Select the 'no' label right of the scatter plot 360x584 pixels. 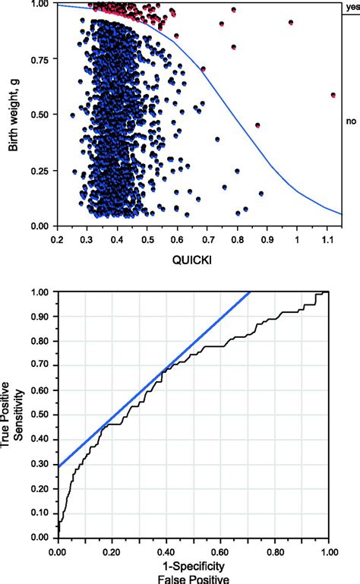(351, 121)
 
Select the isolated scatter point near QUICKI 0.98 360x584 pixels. (291, 23)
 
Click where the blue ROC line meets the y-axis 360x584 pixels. (58, 466)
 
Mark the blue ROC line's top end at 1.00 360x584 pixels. (249, 292)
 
